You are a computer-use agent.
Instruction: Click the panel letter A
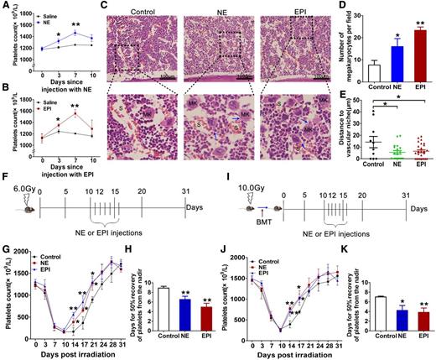(x=6, y=6)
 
